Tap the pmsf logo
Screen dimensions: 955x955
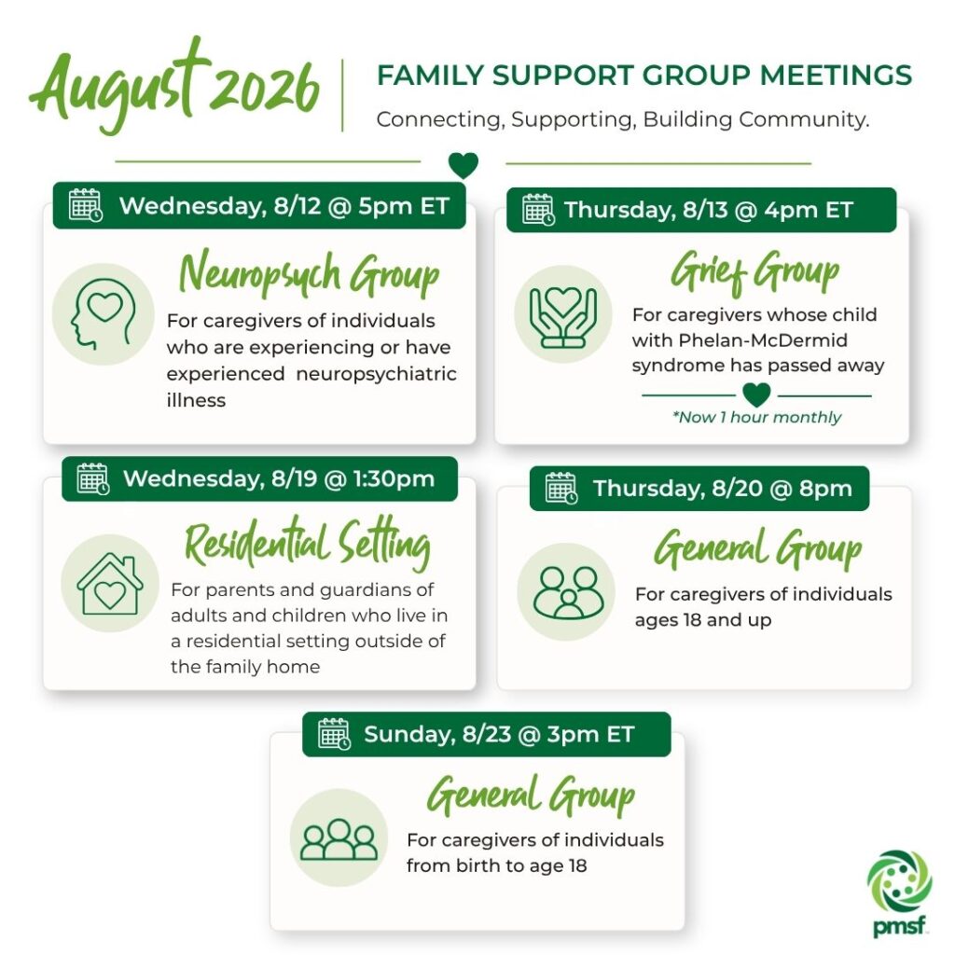(x=900, y=893)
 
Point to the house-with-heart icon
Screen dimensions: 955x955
(x=110, y=584)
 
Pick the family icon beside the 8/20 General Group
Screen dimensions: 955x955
(x=568, y=592)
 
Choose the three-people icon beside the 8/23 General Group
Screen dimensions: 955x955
(x=339, y=839)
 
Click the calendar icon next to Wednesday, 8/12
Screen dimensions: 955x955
(x=85, y=204)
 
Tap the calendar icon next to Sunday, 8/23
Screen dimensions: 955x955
(x=334, y=734)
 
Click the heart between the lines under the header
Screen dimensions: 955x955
(x=463, y=165)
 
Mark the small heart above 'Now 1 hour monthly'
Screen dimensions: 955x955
(x=756, y=394)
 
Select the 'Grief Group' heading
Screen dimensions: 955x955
(x=755, y=273)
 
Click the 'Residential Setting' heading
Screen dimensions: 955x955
(x=308, y=543)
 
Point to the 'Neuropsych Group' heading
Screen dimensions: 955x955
(x=309, y=274)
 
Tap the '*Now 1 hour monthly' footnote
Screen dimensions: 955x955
(x=756, y=417)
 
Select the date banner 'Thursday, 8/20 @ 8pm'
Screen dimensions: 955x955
(x=699, y=489)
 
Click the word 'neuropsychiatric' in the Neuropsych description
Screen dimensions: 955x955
(x=376, y=374)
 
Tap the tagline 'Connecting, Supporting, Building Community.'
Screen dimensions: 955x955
(x=622, y=119)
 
